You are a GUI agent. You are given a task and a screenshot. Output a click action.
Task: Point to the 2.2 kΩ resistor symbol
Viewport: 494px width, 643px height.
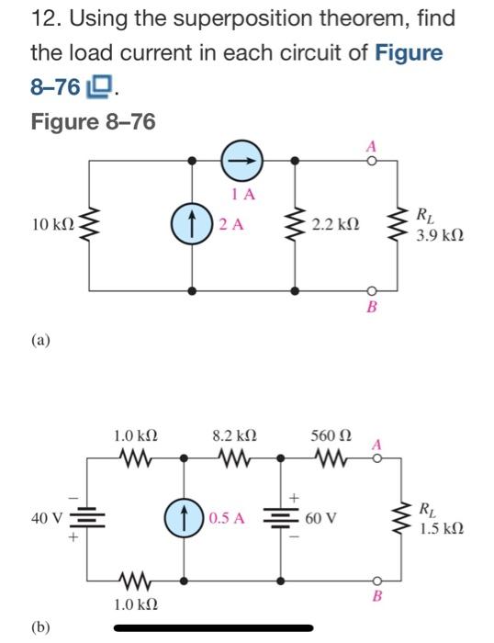tap(295, 225)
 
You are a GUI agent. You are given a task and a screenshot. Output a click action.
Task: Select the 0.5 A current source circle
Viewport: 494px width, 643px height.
tap(184, 517)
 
